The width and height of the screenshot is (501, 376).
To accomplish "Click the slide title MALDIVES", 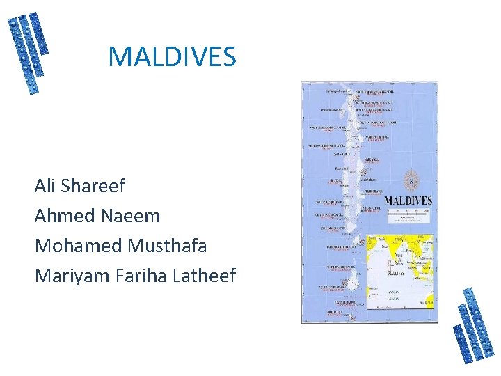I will tap(172, 57).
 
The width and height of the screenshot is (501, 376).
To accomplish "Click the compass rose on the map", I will tap(411, 182).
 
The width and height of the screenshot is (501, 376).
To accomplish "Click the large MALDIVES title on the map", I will tap(408, 201).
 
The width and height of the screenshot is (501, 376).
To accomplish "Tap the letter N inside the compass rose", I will tap(411, 182).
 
